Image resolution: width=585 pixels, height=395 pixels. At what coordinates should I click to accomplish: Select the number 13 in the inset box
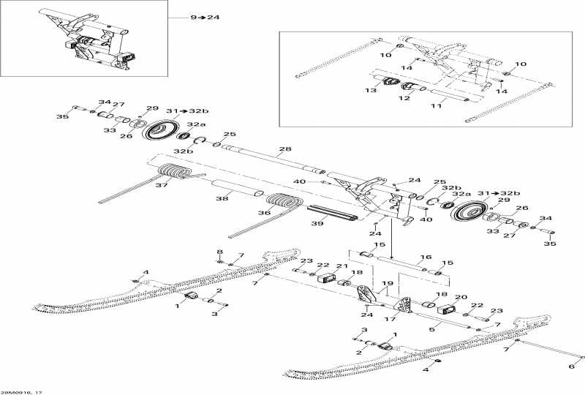(x=371, y=91)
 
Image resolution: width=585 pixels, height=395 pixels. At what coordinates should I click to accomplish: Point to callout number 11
(x=438, y=106)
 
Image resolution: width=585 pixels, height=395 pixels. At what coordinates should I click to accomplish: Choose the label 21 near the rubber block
(x=341, y=266)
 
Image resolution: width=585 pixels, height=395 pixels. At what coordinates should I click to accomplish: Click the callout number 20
(x=461, y=298)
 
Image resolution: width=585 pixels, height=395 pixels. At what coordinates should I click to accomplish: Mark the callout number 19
(x=388, y=283)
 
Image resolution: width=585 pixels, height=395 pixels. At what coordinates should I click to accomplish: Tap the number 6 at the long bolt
(x=572, y=366)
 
